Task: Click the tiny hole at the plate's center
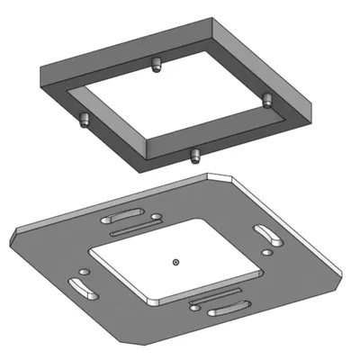pos(176,262)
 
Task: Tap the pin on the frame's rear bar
pos(157,66)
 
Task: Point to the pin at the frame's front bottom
pos(193,157)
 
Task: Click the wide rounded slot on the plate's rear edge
pos(125,216)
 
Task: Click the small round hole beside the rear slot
pos(158,218)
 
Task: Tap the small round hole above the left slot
pos(84,271)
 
